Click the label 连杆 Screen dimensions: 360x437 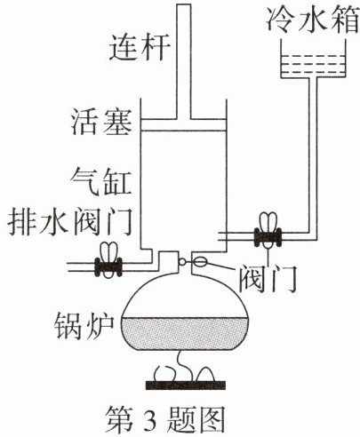[x=140, y=48]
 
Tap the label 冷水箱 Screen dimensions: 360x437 [x=313, y=19]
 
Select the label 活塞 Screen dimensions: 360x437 [x=101, y=123]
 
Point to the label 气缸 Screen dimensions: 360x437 [x=101, y=182]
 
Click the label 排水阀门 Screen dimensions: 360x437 [x=69, y=223]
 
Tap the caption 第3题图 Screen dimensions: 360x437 [x=166, y=420]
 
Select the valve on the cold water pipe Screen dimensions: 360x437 [x=268, y=230]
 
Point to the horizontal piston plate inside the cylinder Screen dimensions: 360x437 [x=183, y=125]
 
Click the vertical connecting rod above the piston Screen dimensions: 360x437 [x=183, y=62]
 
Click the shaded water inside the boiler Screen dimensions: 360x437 [x=184, y=333]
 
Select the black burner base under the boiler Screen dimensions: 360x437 [x=186, y=385]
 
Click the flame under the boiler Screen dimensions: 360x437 [x=185, y=367]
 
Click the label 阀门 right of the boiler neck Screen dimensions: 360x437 [x=268, y=278]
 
